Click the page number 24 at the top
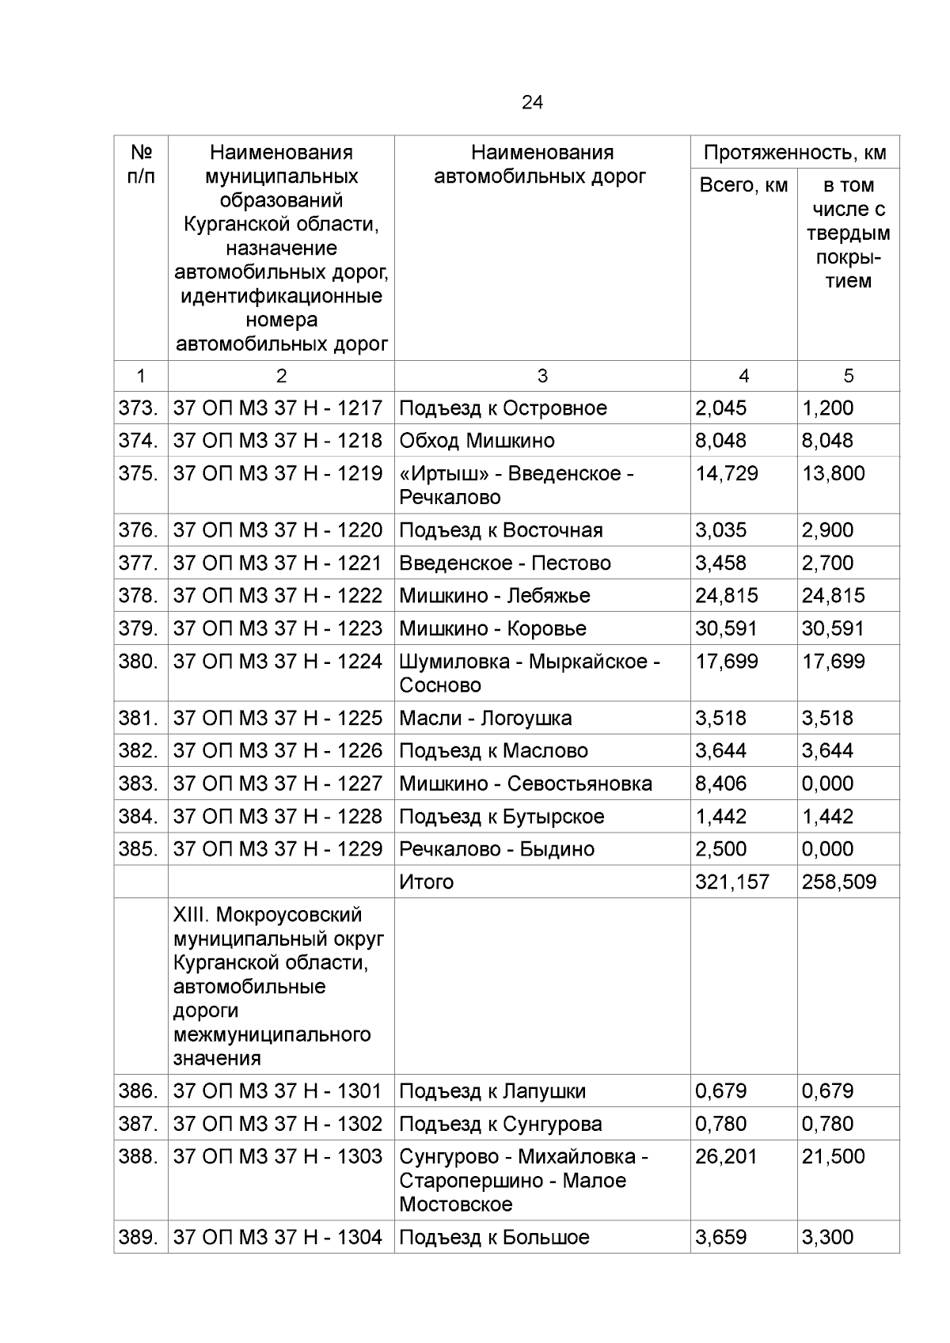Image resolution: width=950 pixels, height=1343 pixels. click(x=532, y=102)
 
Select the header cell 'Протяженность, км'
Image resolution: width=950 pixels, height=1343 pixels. click(x=795, y=153)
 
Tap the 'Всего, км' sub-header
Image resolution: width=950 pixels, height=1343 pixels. click(x=743, y=186)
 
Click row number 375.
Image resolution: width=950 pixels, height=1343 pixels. click(x=139, y=473)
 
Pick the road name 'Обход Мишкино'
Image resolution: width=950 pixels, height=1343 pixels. click(x=477, y=441)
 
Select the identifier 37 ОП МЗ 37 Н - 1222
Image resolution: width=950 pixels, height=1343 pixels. click(x=278, y=596)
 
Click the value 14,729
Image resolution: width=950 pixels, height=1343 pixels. click(x=726, y=473)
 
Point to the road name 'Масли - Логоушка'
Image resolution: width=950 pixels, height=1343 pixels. click(x=485, y=719)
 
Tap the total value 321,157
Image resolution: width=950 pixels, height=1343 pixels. click(x=731, y=882)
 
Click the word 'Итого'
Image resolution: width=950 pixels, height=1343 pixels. click(x=426, y=882)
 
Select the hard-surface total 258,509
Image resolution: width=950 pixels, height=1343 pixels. click(x=838, y=882)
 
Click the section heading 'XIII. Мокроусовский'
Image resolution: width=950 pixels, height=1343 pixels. click(x=268, y=915)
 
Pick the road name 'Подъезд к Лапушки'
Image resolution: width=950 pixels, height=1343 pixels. click(x=492, y=1091)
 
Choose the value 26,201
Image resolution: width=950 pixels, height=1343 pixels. click(x=726, y=1157)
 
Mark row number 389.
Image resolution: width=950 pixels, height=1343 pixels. click(x=139, y=1238)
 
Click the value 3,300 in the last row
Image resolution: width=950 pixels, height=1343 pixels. click(x=827, y=1238)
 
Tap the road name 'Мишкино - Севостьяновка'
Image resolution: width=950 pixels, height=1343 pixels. click(x=526, y=783)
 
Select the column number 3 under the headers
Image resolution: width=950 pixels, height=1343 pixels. click(x=542, y=376)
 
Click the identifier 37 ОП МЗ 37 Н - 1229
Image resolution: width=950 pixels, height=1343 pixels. click(x=278, y=849)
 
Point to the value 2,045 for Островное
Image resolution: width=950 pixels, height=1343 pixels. click(x=720, y=408)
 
